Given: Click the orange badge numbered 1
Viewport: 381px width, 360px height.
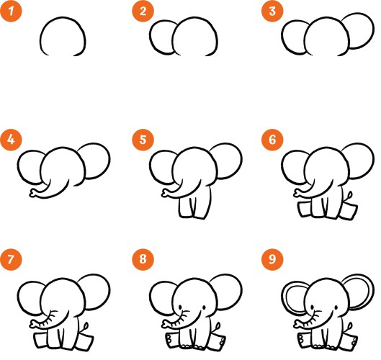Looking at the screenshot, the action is tap(11, 11).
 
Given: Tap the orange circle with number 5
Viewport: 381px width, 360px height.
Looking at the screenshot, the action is tap(143, 140).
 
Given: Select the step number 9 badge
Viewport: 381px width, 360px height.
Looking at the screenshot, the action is tap(272, 259).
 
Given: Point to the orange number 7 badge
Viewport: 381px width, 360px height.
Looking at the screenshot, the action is tap(11, 259).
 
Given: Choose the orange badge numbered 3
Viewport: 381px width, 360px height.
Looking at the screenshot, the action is tap(272, 11).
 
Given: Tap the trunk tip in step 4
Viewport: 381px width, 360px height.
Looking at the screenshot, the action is tap(32, 194).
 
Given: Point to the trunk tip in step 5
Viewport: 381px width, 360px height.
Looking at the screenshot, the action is tap(165, 194).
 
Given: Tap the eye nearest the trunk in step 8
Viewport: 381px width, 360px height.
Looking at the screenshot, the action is tap(180, 307).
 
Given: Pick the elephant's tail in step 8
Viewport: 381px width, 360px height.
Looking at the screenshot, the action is tap(218, 327).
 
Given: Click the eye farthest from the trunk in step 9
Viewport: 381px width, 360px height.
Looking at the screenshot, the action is tap(336, 307).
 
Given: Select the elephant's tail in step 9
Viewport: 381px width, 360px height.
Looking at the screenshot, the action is tap(349, 327).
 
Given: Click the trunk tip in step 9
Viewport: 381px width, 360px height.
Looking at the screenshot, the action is tap(297, 324).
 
